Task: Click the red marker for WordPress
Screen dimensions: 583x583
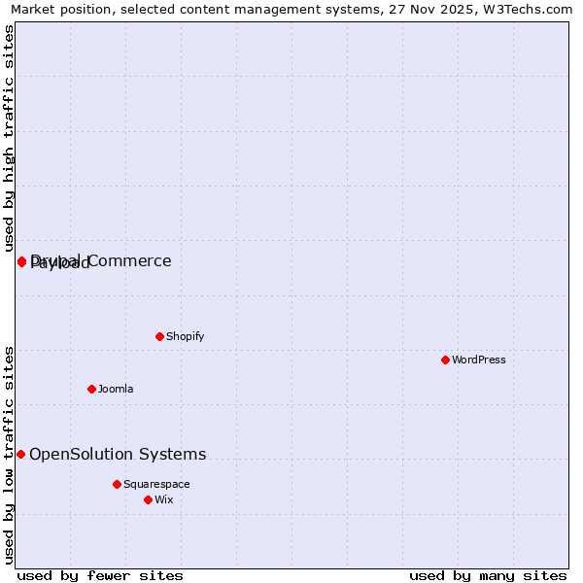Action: coord(445,360)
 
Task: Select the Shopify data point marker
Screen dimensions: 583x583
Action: coord(159,336)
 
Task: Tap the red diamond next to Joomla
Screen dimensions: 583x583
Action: coord(91,389)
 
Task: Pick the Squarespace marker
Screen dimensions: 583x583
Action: coord(117,484)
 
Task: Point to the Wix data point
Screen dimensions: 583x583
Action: coord(148,499)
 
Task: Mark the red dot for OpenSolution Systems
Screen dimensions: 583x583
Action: coord(20,454)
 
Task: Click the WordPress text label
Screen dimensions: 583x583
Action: coord(479,360)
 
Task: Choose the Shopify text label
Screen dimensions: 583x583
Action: coord(185,336)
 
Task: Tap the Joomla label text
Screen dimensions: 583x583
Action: coord(116,389)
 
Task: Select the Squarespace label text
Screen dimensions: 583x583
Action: coord(156,484)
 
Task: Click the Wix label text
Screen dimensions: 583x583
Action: coord(163,499)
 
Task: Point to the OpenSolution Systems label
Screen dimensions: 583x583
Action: coord(118,454)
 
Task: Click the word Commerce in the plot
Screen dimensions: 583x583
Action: coord(132,260)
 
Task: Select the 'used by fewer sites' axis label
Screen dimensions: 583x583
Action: coord(100,575)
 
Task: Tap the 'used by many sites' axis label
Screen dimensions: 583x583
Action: coord(488,575)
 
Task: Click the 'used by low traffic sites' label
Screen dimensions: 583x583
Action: coord(10,453)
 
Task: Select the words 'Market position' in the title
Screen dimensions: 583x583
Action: coord(57,9)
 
